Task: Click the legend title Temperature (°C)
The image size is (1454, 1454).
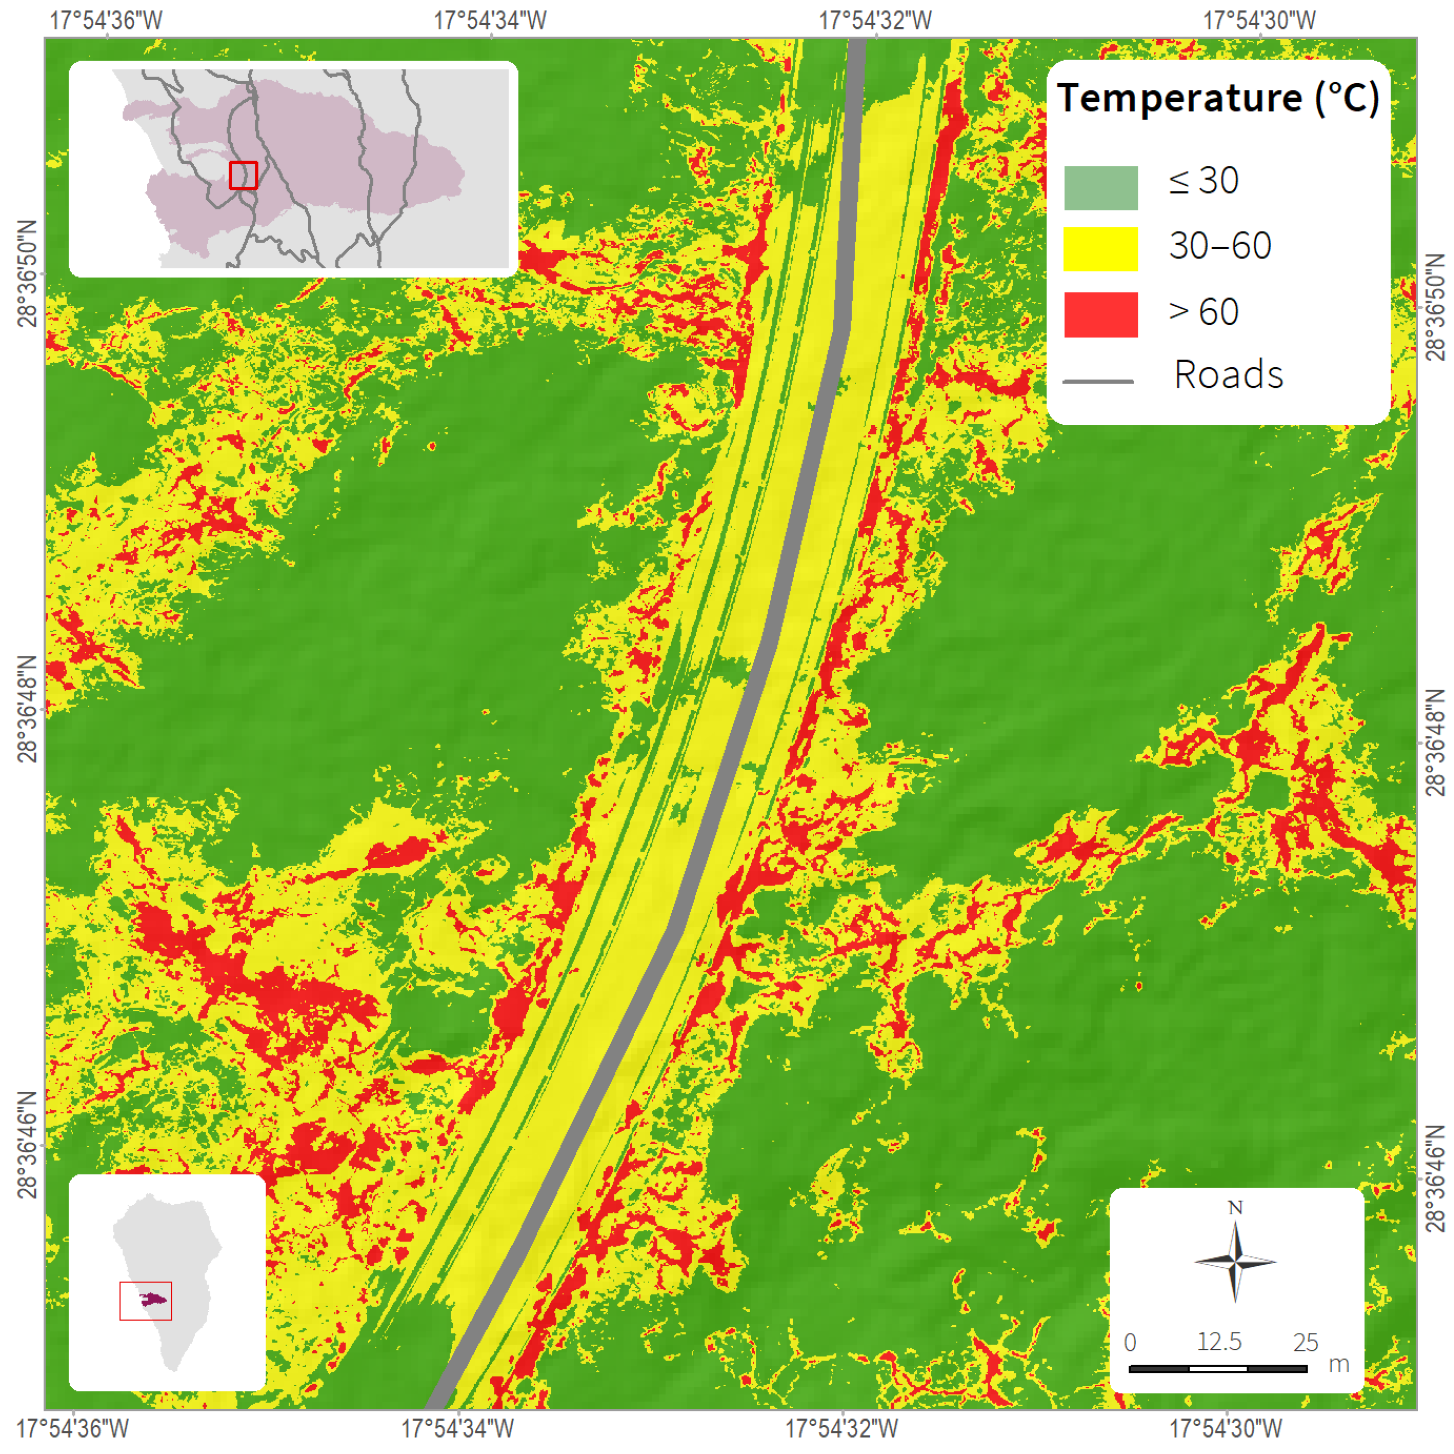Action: click(1218, 98)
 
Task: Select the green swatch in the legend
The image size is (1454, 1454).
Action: click(1100, 187)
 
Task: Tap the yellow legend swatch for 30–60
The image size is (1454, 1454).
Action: click(1100, 249)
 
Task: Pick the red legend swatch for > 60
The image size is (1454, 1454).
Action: click(1100, 315)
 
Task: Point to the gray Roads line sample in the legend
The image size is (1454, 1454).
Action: click(1098, 381)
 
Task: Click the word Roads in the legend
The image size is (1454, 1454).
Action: click(1228, 375)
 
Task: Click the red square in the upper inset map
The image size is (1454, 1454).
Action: click(243, 176)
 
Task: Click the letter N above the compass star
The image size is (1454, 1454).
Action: click(1235, 1208)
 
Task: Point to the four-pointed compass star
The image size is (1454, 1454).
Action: click(1235, 1261)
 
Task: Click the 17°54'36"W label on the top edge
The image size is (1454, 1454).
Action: click(106, 20)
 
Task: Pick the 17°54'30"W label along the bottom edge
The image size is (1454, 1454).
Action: click(1225, 1428)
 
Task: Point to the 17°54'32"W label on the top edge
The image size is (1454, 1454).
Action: click(875, 20)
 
